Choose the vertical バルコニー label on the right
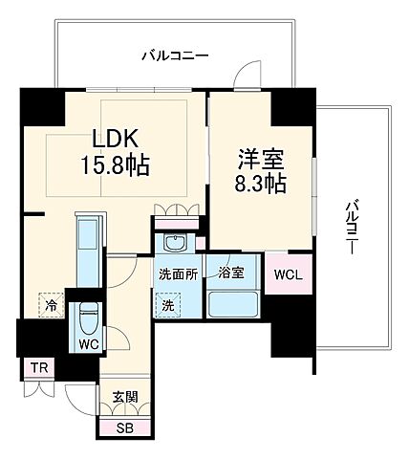pos(351,226)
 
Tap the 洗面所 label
pos(179,274)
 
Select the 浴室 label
pos(230,273)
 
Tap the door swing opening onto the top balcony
pos(247,77)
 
